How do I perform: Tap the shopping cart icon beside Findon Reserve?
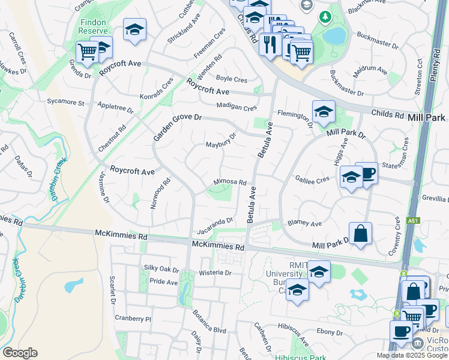tap(87, 52)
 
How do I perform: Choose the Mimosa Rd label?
tap(231, 182)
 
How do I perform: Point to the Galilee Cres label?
tap(313, 179)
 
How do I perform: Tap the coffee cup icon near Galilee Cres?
tap(366, 173)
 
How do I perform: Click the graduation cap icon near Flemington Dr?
tap(324, 111)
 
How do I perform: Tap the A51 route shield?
tap(412, 221)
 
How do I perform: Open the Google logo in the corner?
tap(20, 353)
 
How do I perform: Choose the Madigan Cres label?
tap(237, 107)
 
